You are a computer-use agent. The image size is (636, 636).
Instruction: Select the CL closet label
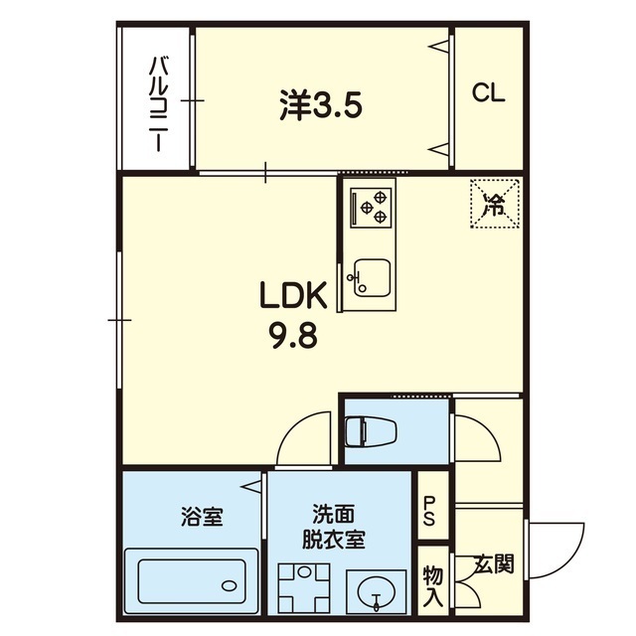pyautogui.click(x=488, y=93)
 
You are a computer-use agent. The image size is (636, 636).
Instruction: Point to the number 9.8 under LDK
pyautogui.click(x=292, y=335)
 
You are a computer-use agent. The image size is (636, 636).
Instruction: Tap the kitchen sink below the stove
pyautogui.click(x=371, y=277)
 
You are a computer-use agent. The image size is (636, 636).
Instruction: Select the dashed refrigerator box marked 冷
pyautogui.click(x=494, y=204)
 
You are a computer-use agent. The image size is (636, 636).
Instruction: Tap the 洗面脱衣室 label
pyautogui.click(x=333, y=528)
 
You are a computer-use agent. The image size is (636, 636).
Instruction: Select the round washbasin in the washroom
pyautogui.click(x=376, y=592)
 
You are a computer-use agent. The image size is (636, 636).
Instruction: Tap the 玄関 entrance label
pyautogui.click(x=493, y=566)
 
